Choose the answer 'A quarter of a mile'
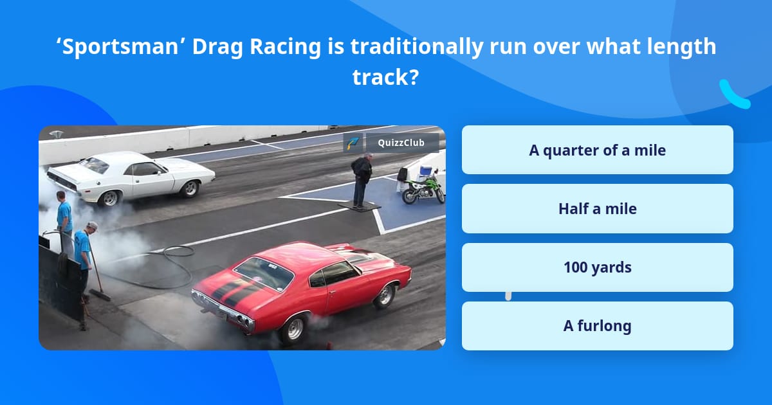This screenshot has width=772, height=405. click(x=597, y=150)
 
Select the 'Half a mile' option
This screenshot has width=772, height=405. click(x=597, y=209)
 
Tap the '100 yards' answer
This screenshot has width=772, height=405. click(x=597, y=267)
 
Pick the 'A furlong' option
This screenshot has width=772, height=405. click(x=597, y=326)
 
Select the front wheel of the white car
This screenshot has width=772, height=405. click(x=190, y=188)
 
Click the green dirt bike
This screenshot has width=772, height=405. click(x=423, y=188)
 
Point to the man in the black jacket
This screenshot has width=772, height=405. click(x=362, y=178)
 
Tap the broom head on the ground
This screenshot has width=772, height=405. click(x=100, y=294)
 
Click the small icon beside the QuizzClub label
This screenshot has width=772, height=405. click(x=353, y=143)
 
